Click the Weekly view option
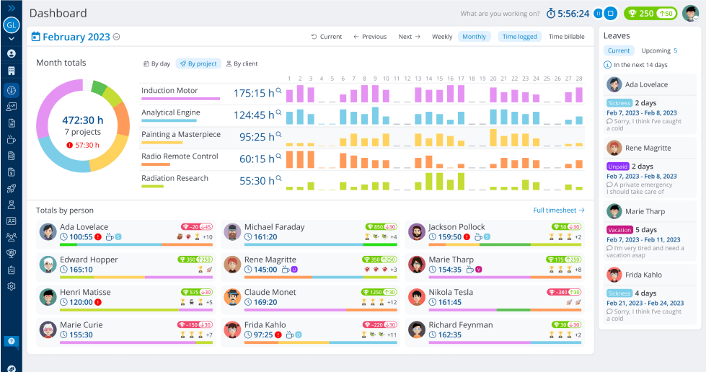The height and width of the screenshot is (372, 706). point(442,37)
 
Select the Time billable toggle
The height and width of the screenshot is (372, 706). point(566,37)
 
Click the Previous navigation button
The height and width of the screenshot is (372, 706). point(370,37)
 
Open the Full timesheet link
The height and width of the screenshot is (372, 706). point(559,211)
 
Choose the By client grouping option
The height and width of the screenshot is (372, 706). point(242,63)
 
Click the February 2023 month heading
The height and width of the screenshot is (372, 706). point(76,37)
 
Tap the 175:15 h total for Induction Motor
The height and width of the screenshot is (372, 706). point(254,93)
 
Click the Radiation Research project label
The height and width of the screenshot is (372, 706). point(175,178)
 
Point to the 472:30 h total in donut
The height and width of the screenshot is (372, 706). point(82,120)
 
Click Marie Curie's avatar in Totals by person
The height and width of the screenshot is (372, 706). point(48,330)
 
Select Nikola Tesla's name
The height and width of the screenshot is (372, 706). point(451,293)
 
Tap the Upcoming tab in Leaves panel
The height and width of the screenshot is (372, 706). point(656,51)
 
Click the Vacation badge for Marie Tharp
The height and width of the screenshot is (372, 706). point(619,230)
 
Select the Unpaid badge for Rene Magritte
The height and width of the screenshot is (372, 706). point(617,167)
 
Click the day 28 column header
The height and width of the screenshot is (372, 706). point(578,79)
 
